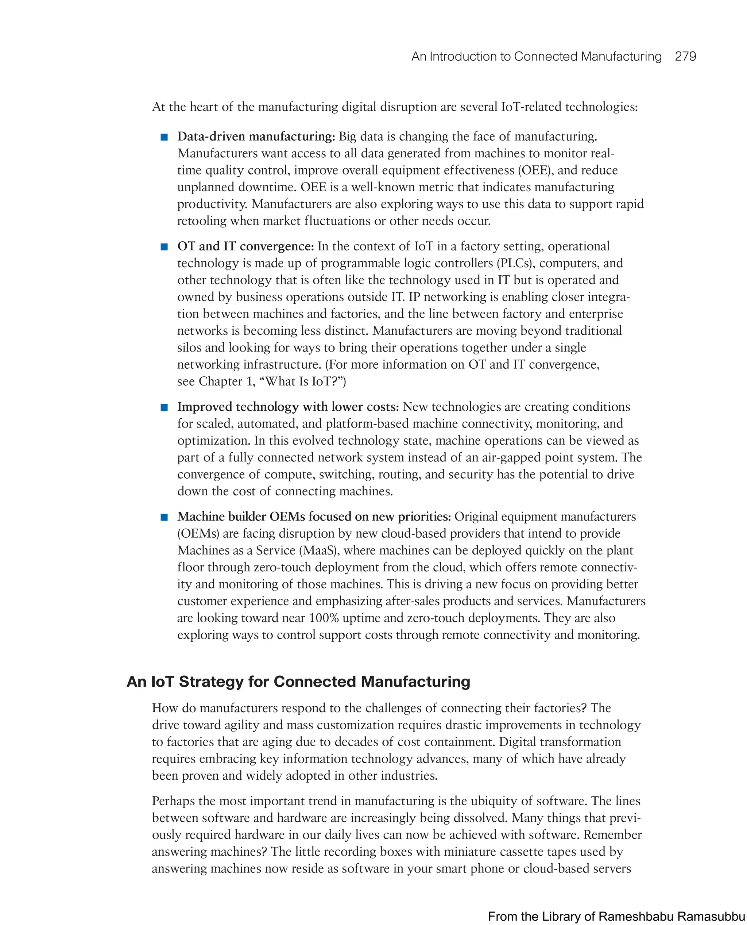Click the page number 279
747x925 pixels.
(x=685, y=57)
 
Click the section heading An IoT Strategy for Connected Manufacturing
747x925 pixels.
(x=298, y=682)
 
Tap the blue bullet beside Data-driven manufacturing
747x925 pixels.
(x=164, y=137)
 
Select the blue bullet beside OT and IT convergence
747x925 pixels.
(x=164, y=247)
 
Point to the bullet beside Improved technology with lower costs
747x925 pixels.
(x=164, y=407)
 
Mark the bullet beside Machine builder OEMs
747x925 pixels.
(x=164, y=517)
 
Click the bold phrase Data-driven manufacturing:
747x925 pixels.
(x=256, y=137)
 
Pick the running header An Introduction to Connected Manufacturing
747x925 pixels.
(x=536, y=57)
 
